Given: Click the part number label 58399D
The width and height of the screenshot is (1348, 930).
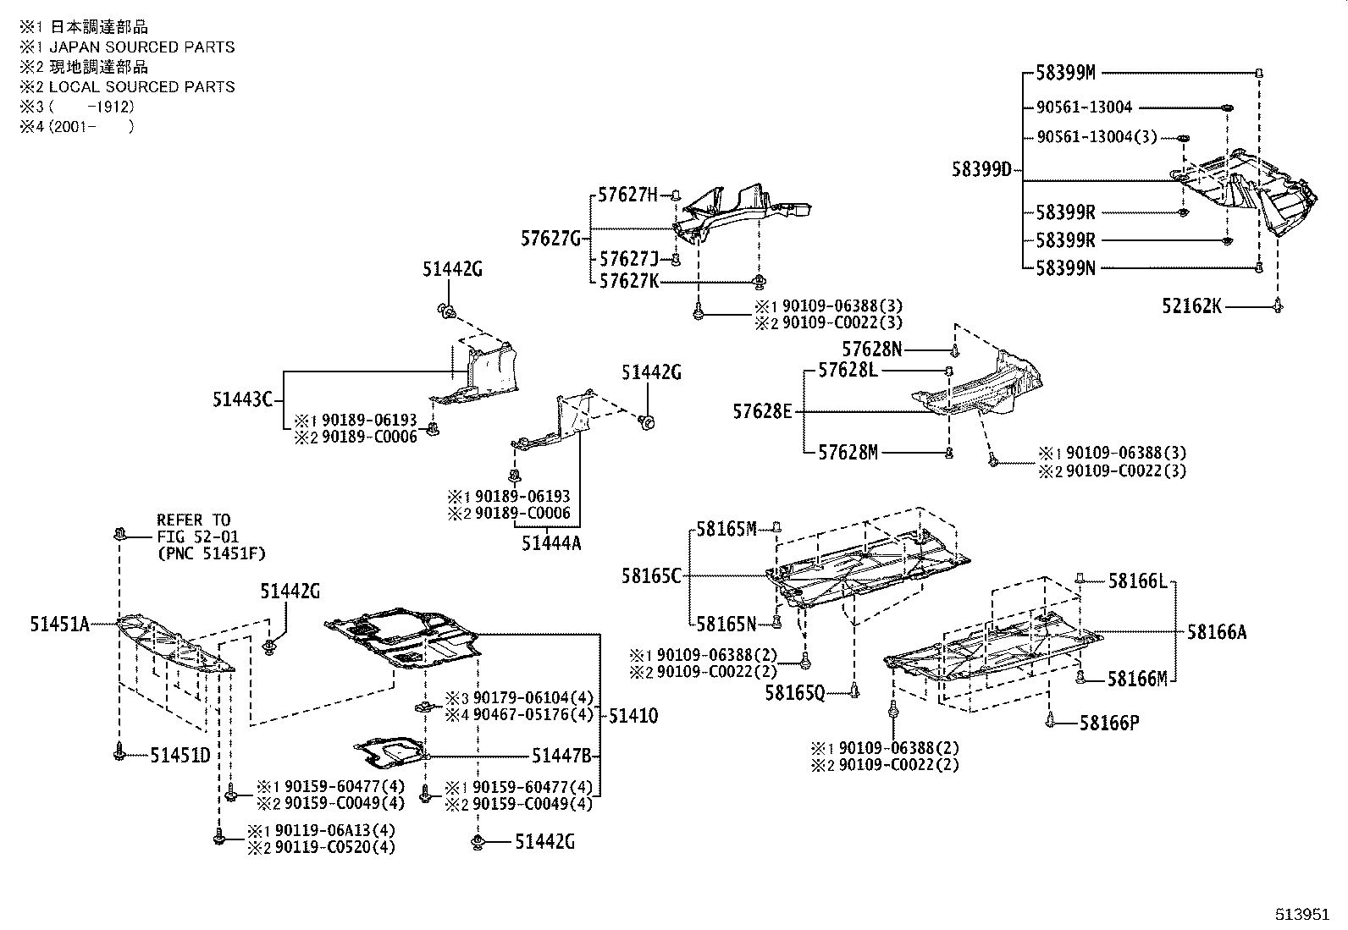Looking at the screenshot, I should pyautogui.click(x=981, y=170).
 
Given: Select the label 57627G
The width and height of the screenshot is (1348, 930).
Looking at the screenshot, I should pyautogui.click(x=550, y=239).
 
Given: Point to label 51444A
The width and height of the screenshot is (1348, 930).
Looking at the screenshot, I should pyautogui.click(x=551, y=544).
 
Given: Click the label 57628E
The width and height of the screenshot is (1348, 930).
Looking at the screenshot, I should pyautogui.click(x=763, y=412).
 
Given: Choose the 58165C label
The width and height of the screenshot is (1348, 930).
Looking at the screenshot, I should pyautogui.click(x=651, y=576).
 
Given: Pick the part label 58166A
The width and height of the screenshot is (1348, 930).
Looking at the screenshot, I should pyautogui.click(x=1216, y=631).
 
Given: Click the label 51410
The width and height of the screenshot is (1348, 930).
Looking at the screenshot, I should pyautogui.click(x=633, y=716).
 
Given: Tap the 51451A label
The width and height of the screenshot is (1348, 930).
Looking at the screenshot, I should pyautogui.click(x=59, y=625).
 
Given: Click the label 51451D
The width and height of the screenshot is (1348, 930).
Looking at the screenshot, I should pyautogui.click(x=180, y=755).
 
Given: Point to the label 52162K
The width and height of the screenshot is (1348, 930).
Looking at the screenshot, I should pyautogui.click(x=1191, y=306).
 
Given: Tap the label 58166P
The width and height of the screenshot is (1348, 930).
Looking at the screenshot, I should pyautogui.click(x=1109, y=724).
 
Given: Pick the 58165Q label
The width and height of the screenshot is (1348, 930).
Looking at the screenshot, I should pyautogui.click(x=794, y=693).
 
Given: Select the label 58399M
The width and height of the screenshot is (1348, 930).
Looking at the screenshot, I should pyautogui.click(x=1065, y=74).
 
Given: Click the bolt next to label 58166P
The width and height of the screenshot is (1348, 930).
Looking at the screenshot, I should pyautogui.click(x=1051, y=722).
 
